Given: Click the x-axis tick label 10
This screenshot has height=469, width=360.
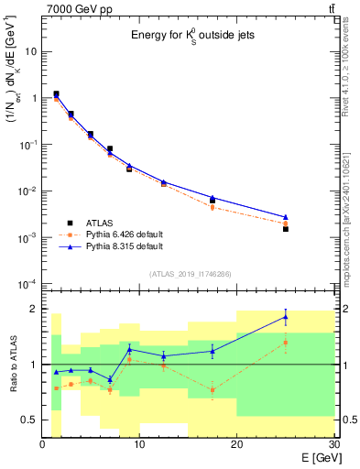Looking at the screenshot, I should [139, 445].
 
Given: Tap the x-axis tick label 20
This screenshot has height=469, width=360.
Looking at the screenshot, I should [236, 445].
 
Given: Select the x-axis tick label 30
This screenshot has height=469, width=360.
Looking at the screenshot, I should [333, 445].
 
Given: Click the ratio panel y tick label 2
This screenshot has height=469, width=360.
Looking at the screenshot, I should [33, 309].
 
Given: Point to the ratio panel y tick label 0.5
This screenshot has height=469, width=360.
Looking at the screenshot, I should [27, 420].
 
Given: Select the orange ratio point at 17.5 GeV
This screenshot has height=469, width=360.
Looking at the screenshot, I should [213, 390].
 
